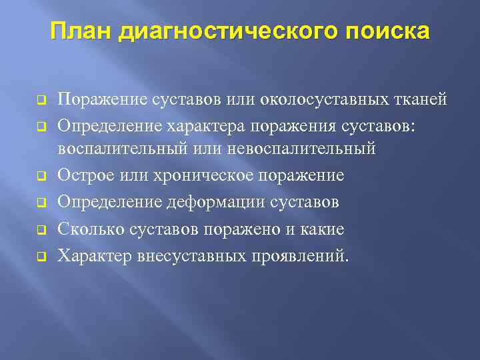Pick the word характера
203,124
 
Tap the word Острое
85,175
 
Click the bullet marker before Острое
41,176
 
